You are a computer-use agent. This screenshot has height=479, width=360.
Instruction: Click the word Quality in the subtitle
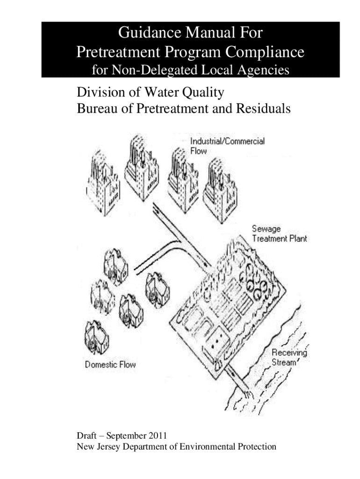(202, 93)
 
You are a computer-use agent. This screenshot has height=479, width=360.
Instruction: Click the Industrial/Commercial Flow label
(227, 145)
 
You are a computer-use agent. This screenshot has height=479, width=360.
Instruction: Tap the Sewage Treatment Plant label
(280, 233)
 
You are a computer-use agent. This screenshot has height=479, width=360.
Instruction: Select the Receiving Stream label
(289, 357)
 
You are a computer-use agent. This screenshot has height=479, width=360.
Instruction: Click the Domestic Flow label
(110, 364)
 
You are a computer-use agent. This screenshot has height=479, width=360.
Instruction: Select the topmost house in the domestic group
(115, 264)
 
